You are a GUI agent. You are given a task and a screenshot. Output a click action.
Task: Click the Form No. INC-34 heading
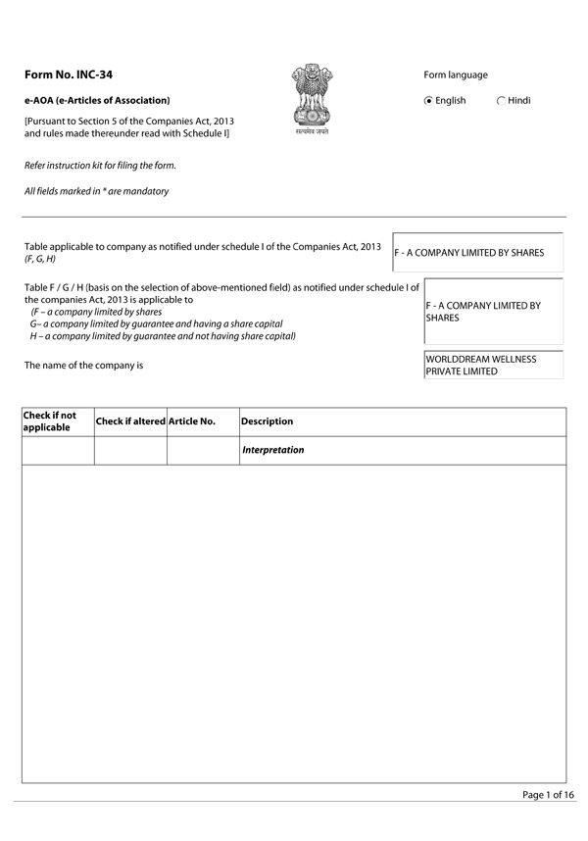coord(75,75)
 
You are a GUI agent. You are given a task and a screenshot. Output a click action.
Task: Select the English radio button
coord(429,101)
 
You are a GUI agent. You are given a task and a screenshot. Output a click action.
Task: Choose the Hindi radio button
coord(502,101)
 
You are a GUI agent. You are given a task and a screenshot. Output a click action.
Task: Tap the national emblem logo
coord(312,99)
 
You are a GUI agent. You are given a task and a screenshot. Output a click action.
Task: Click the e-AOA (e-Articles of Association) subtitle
coord(97,101)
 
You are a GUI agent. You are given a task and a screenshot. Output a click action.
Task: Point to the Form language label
coord(456,75)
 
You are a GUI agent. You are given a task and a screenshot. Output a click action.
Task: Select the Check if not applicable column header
coord(57,421)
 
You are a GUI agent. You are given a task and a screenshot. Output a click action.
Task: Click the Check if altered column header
coord(130,421)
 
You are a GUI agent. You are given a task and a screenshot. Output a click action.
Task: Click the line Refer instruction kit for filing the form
coord(100,166)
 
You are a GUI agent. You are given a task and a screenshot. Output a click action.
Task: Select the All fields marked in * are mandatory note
coord(96,191)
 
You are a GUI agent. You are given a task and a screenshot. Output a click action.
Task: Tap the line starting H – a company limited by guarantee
coord(163,336)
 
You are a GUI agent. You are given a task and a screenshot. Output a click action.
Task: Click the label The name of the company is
coord(83,365)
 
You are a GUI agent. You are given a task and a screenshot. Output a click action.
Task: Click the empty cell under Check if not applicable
coord(57,450)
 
